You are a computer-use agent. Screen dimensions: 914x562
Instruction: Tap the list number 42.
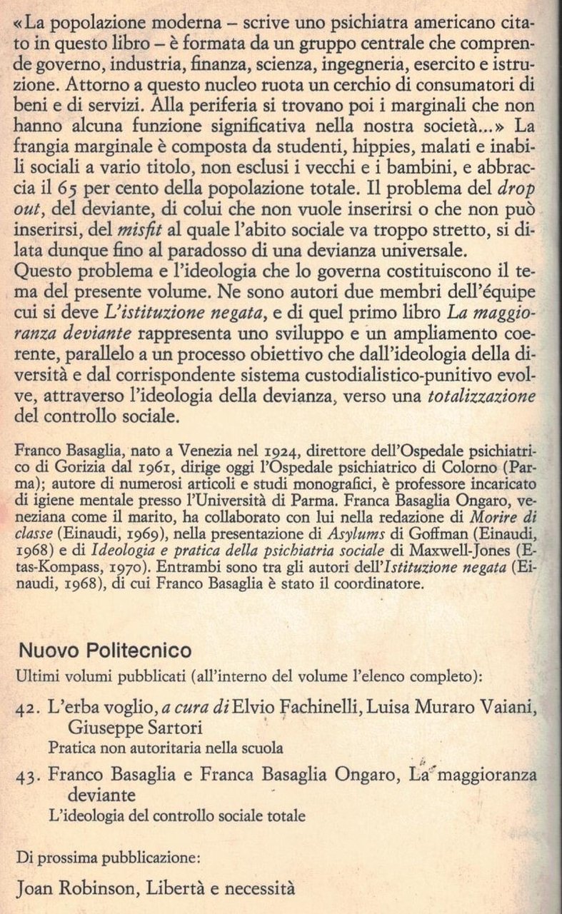tap(31, 708)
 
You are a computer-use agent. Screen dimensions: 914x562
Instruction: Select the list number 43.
tap(31, 775)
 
